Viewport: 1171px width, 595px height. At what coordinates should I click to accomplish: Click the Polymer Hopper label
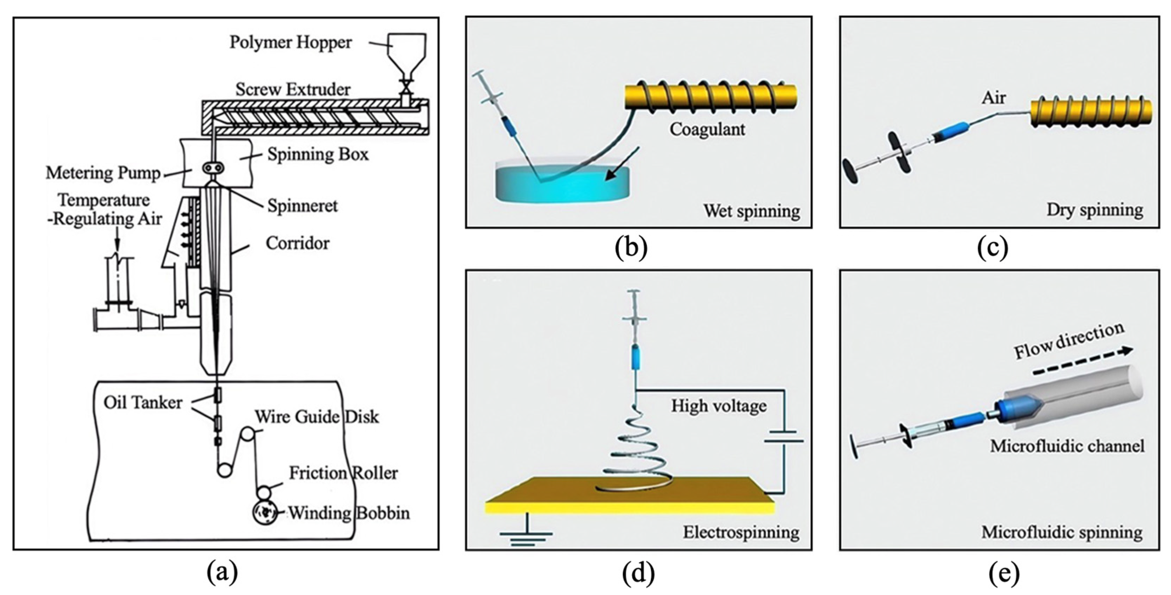tap(291, 43)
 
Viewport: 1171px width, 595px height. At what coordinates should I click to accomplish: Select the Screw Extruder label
tap(293, 89)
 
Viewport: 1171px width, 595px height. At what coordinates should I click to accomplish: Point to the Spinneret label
tap(302, 206)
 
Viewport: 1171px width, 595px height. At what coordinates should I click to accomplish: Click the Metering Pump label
tap(103, 173)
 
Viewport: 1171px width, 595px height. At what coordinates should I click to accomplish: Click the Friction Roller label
tap(344, 473)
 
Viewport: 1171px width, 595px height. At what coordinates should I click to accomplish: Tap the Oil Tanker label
tap(143, 403)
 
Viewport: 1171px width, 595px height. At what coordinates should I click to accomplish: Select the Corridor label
tap(298, 243)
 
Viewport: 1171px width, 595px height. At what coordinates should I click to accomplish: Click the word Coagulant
tap(707, 130)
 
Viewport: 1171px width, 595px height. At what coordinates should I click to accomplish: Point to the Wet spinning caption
tap(752, 211)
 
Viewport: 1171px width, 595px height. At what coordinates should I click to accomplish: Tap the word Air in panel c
tap(994, 98)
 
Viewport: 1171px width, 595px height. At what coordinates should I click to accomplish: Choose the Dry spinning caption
tap(1095, 210)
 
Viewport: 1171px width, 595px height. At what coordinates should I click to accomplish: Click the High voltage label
tap(719, 406)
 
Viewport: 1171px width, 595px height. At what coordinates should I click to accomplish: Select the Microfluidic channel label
tap(1067, 446)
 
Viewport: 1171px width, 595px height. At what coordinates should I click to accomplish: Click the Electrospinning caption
tap(741, 532)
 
